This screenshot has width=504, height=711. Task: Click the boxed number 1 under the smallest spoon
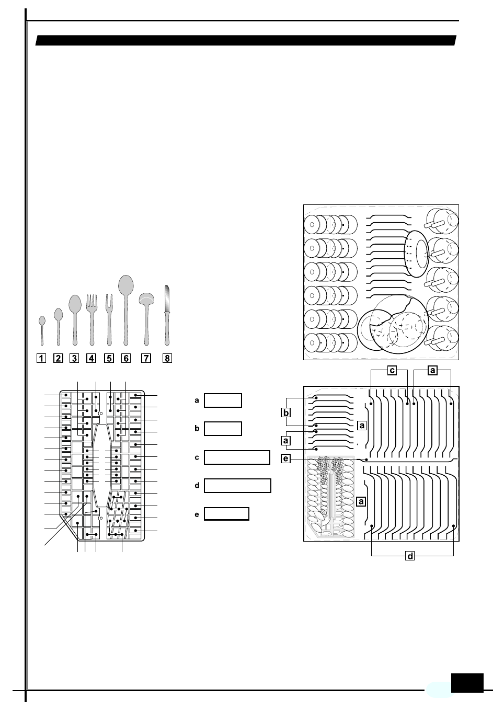(41, 358)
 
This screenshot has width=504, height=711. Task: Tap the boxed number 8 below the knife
(167, 358)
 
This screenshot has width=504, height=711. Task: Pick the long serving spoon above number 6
(126, 308)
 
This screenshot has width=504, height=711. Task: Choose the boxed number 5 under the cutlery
(109, 358)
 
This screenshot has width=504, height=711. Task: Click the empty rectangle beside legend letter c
(237, 457)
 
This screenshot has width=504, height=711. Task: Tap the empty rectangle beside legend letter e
(226, 514)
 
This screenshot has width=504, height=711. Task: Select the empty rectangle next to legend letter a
(223, 400)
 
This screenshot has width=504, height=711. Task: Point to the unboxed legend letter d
(197, 486)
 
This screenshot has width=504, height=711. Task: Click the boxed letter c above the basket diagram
(392, 370)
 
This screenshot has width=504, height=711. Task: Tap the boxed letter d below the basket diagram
(410, 556)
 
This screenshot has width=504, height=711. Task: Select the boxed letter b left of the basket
(286, 412)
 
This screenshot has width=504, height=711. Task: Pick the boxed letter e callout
(285, 458)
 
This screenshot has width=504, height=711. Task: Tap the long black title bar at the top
(246, 41)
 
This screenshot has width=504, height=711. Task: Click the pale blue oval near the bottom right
(439, 690)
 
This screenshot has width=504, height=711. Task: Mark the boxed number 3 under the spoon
(75, 358)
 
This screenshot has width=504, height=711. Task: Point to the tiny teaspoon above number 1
(42, 329)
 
